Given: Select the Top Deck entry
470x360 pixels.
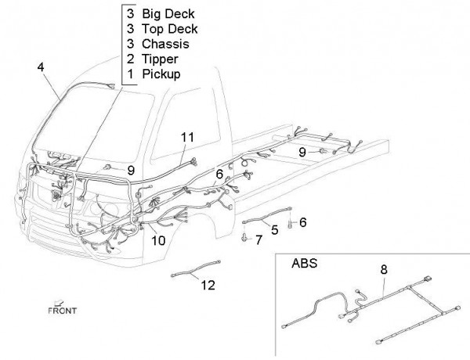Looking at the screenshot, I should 168,29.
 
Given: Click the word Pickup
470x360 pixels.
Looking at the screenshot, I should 161,74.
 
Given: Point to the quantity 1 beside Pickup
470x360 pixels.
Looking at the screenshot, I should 130,74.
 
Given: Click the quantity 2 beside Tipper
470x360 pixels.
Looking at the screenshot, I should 130,59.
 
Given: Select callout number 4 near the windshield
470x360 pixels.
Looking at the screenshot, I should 40,68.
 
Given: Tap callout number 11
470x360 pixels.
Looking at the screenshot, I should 186,138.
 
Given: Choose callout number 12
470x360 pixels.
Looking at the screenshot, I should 208,286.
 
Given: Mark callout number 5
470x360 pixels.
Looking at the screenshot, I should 274,230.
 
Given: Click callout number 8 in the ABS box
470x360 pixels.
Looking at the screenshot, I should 383,270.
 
